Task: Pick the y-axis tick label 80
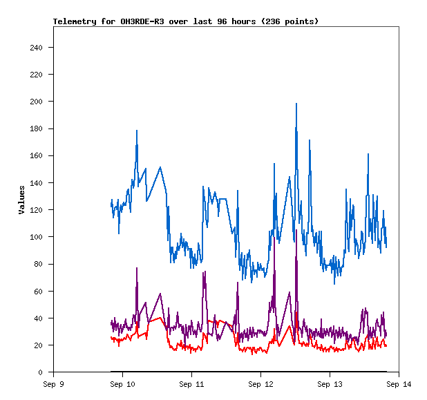click(x=38, y=264)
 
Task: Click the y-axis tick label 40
click(x=38, y=318)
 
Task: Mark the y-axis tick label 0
click(x=40, y=372)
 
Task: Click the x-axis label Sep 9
click(x=53, y=384)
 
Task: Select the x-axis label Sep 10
click(x=122, y=384)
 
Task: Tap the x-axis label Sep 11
click(x=191, y=384)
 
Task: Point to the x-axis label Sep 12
click(x=260, y=384)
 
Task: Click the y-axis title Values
click(x=21, y=200)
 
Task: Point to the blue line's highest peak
click(x=296, y=104)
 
